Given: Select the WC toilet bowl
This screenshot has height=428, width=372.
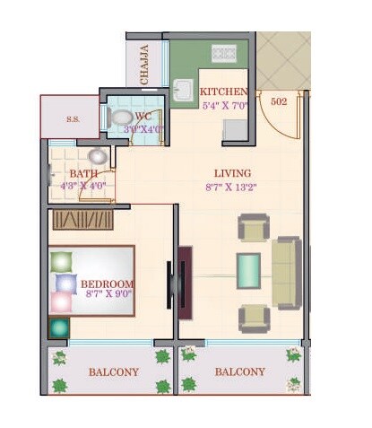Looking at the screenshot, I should tap(120, 117).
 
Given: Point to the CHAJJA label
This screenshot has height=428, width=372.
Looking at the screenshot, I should tap(146, 65).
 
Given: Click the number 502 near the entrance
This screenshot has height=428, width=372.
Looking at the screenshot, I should tap(279, 102).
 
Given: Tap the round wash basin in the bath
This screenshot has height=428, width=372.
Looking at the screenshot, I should tap(96, 157).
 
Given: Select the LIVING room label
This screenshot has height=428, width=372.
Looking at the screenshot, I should tap(232, 173).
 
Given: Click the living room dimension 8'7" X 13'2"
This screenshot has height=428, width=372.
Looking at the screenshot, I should tap(232, 188).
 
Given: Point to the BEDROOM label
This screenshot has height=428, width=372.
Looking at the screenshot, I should tap(107, 284).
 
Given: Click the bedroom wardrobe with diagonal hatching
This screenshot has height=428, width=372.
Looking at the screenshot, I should tap(82, 219).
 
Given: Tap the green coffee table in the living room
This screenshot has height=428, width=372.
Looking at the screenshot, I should tap(248, 269).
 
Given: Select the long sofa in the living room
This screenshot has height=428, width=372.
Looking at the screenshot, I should tap(287, 273).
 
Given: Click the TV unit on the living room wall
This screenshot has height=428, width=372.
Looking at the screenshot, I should tap(184, 277).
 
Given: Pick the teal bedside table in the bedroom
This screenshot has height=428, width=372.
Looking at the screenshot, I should tap(58, 328).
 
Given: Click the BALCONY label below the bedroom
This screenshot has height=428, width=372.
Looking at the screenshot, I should tap(113, 371).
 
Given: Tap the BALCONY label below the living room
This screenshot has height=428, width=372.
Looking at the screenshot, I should tap(239, 371).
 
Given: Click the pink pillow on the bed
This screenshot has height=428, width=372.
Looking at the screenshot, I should tap(61, 302).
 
